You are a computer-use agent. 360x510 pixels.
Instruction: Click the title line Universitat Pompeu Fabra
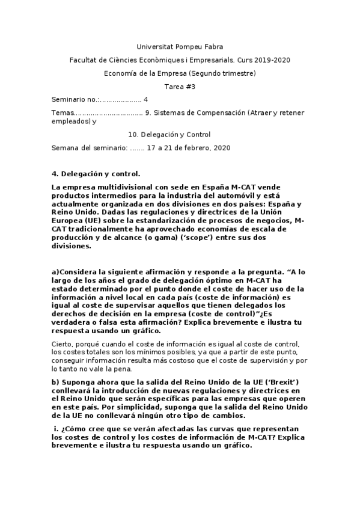point(179,46)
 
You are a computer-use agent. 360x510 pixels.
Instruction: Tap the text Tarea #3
point(180,87)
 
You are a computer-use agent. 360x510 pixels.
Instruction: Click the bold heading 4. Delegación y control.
point(96,174)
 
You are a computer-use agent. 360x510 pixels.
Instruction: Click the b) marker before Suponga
point(56,382)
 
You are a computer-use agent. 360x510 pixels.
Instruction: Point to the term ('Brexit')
point(274,382)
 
